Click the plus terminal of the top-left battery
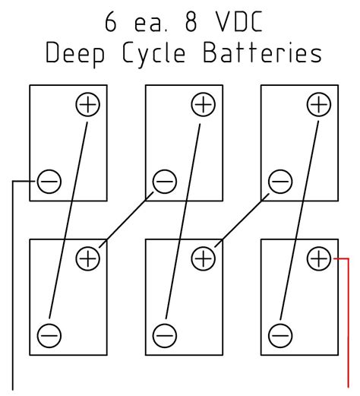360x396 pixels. click(88, 105)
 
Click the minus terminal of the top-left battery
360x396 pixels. click(49, 182)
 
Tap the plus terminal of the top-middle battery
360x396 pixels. click(203, 105)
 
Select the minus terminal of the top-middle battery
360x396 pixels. click(164, 182)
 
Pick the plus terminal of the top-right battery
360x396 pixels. click(319, 105)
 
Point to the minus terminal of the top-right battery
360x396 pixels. click(279, 182)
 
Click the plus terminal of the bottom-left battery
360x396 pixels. click(88, 258)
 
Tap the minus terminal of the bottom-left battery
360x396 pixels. click(49, 334)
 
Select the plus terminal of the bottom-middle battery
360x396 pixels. click(203, 258)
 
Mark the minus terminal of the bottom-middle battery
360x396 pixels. click(164, 334)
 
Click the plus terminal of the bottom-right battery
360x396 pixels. click(319, 258)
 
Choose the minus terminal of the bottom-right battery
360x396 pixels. click(279, 334)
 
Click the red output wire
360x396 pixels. click(347, 327)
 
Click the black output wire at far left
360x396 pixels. click(14, 289)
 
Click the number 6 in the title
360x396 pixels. click(112, 22)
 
